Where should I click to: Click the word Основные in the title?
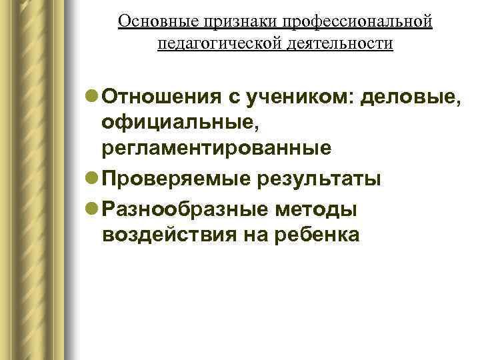tap(151, 22)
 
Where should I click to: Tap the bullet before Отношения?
tap(93, 97)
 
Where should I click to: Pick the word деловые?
tap(411, 97)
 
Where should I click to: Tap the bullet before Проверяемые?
tap(93, 179)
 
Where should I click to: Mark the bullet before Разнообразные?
tap(93, 209)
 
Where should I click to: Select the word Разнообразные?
tap(184, 209)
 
